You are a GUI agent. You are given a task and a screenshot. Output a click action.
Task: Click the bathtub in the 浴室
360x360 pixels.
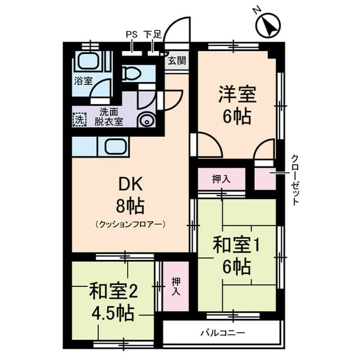pyautogui.click(x=88, y=61)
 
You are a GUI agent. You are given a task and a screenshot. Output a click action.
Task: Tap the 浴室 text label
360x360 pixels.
pyautogui.click(x=84, y=81)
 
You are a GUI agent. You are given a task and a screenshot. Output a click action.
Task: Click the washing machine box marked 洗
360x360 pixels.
pyautogui.click(x=80, y=119)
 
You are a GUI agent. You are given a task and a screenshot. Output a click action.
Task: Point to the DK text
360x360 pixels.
pyautogui.click(x=130, y=184)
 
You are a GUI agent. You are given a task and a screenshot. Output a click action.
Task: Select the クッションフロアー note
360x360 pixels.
pyautogui.click(x=130, y=224)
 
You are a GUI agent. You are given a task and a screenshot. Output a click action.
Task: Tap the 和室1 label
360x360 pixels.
pyautogui.click(x=236, y=245)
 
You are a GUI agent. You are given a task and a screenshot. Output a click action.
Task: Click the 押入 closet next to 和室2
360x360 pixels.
pyautogui.click(x=175, y=286)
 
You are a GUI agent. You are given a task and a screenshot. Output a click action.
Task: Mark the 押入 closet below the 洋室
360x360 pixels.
pyautogui.click(x=221, y=179)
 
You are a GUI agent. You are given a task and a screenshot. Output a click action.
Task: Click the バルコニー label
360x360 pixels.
pyautogui.click(x=223, y=332)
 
